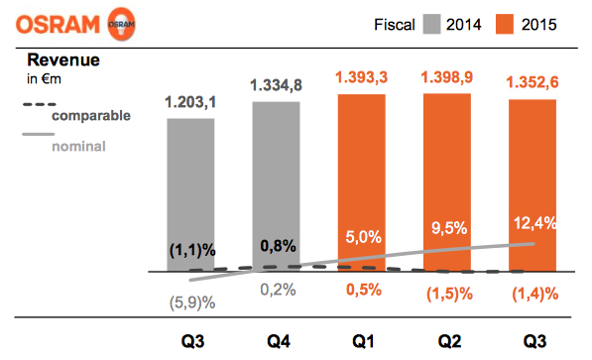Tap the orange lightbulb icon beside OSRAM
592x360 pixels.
click(122, 23)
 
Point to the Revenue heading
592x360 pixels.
click(63, 60)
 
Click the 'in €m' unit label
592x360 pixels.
click(43, 80)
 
